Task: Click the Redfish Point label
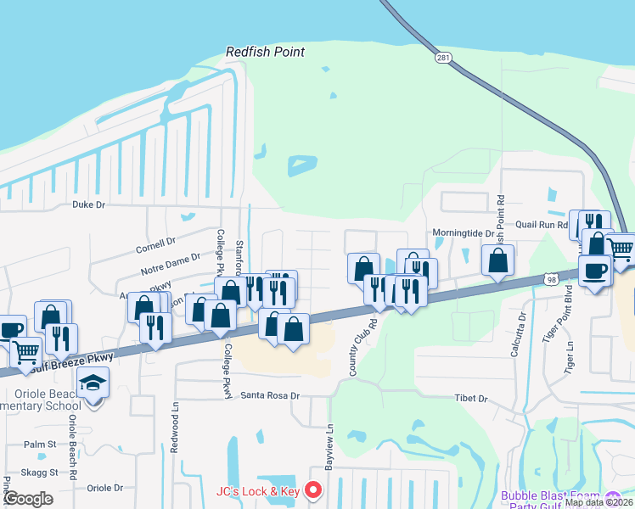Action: point(265,52)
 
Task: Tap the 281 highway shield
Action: point(444,58)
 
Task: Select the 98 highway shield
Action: point(552,280)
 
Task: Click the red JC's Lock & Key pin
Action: point(313,490)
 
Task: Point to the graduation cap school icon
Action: point(93,383)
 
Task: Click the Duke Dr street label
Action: point(88,204)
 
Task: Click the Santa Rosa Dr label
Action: point(271,395)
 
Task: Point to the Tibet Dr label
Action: point(471,398)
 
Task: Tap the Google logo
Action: point(28,499)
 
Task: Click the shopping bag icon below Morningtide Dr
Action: point(497,260)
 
